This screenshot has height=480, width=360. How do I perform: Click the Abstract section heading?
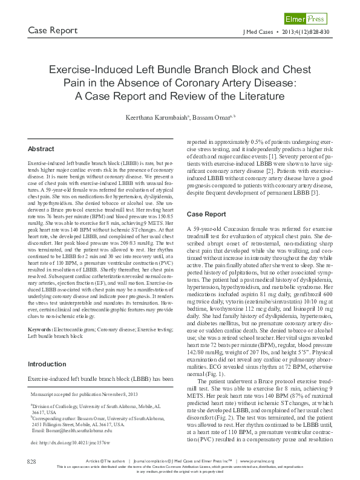click(x=41, y=149)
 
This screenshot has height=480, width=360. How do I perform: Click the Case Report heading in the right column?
click(x=206, y=215)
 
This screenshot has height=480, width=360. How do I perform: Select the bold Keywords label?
click(x=41, y=329)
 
